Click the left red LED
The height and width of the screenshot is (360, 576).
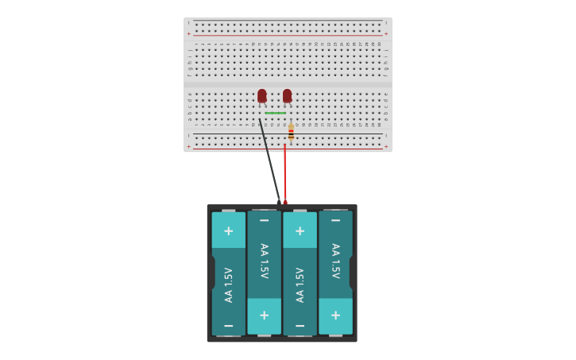pos(262,95)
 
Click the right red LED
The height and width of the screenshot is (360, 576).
pos(287,95)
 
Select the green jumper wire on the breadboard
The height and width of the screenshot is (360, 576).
pos(275,113)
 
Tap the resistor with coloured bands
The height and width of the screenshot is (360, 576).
pos(291,132)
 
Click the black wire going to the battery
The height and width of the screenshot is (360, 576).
pos(269,159)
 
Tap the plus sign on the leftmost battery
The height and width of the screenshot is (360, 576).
pos(229,231)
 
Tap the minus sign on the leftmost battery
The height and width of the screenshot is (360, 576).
pos(229,326)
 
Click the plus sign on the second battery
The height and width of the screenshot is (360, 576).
pos(264,315)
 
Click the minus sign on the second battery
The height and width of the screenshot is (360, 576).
pos(264,220)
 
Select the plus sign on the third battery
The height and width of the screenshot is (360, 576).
pos(300,231)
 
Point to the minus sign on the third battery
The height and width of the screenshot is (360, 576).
pos(300,326)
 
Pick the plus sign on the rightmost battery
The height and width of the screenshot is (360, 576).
pos(335,315)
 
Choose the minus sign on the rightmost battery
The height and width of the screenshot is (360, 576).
pos(335,220)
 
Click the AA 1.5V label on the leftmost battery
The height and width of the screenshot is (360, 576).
pos(229,285)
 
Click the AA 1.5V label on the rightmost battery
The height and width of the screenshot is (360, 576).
pos(335,261)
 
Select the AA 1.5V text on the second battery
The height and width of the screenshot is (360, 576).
pos(264,261)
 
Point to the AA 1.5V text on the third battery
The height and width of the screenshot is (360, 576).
pos(300,285)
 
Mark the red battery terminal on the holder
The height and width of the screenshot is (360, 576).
pos(285,202)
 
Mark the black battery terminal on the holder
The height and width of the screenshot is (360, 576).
pos(279,202)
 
